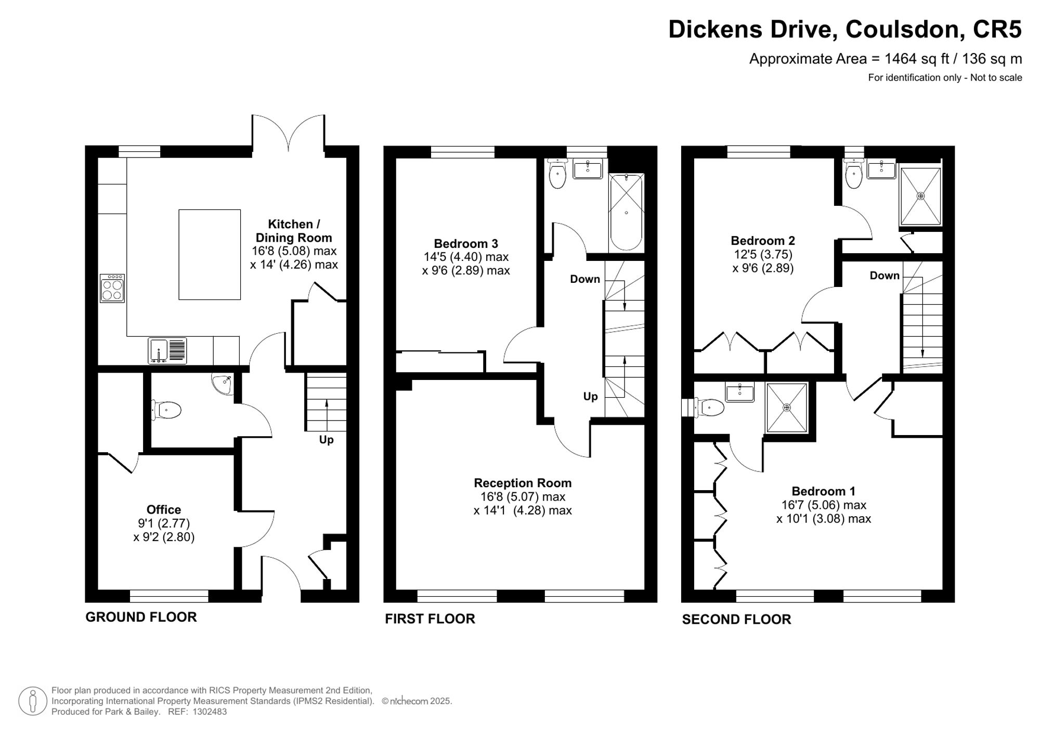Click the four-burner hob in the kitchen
pos(112,288)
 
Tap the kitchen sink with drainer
pos(167,351)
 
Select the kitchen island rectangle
pos(210,255)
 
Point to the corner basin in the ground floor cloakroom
pos(223,383)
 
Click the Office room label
pos(164,510)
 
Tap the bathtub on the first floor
pos(627,213)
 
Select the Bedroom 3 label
pos(466,243)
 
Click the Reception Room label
pos(523,483)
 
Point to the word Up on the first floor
pos(590,397)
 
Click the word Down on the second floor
pos(885,275)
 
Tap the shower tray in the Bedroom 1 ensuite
pos(787,408)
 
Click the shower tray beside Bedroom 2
pos(920,196)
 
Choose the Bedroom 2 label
pos(763,241)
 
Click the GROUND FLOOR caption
pos(141,617)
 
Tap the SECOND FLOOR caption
pos(736,619)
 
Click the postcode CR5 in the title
pos(997,29)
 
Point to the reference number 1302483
pos(210,712)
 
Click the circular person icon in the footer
pos(33,701)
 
